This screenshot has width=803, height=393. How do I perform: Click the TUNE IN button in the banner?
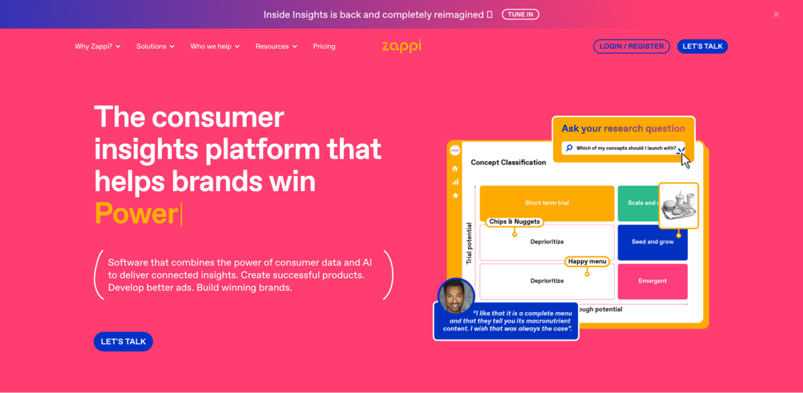(520, 14)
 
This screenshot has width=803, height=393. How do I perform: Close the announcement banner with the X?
(776, 14)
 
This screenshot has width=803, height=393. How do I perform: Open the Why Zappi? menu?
(98, 46)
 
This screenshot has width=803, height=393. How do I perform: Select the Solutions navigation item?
(155, 46)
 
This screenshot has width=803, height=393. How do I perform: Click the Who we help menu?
(215, 46)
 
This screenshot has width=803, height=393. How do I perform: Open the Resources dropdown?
(276, 46)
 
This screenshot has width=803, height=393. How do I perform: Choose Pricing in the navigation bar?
(324, 46)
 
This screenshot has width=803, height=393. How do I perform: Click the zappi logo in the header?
(401, 46)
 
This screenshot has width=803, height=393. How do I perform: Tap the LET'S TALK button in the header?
(703, 46)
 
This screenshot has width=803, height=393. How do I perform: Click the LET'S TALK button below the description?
(123, 341)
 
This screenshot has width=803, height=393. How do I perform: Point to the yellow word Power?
(136, 214)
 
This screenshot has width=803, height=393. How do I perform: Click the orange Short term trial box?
(547, 203)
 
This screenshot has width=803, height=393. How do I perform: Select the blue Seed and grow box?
(652, 242)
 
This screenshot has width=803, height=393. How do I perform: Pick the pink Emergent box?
(652, 281)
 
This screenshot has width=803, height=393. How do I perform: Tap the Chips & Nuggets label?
(514, 222)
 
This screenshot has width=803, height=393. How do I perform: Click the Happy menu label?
(587, 261)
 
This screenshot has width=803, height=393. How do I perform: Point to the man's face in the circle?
(456, 297)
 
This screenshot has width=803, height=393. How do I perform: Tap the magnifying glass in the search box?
(569, 148)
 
